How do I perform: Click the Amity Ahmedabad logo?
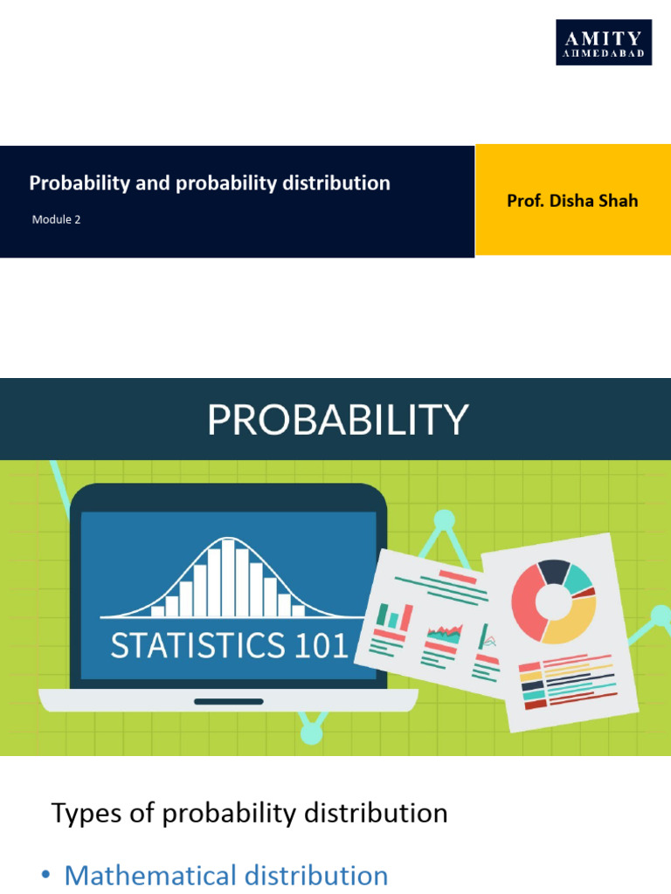click(604, 42)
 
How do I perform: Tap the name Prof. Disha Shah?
click(572, 201)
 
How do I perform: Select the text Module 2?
click(56, 220)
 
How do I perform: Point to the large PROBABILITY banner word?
click(337, 420)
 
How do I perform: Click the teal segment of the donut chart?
click(578, 576)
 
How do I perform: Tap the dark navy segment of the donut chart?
click(554, 570)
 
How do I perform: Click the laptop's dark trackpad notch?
click(228, 701)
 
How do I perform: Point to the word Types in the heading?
click(82, 814)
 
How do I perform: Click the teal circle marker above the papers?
click(445, 520)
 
